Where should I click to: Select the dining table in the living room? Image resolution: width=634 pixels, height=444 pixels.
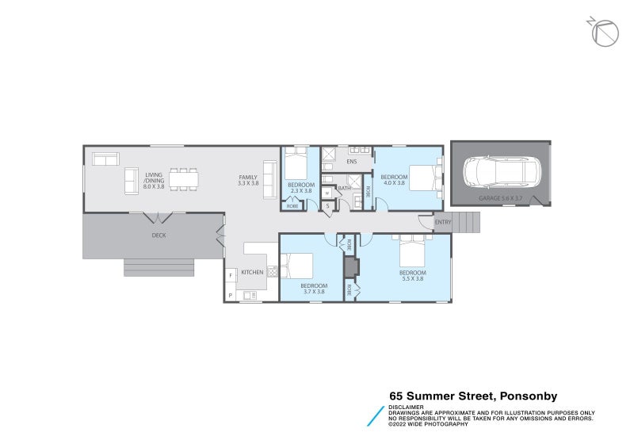[x=184, y=179]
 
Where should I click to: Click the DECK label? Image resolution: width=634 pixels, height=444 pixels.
[x=158, y=235]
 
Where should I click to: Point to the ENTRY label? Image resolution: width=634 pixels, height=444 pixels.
[x=442, y=222]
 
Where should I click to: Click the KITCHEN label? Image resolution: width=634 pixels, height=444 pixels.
[x=252, y=272]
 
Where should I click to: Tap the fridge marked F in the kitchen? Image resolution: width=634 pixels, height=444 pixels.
[x=231, y=276]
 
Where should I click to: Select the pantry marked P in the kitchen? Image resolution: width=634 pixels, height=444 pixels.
[x=231, y=296]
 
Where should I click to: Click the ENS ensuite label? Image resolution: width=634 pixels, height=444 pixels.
[x=351, y=163]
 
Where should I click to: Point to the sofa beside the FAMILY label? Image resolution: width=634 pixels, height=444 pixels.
[x=269, y=178]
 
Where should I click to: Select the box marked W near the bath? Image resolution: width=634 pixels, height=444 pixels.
[x=327, y=193]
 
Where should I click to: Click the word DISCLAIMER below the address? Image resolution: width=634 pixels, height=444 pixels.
[x=406, y=407]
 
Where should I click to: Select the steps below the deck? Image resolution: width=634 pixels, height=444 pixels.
[x=158, y=267]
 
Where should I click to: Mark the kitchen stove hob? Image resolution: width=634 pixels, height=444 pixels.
[x=273, y=271]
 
